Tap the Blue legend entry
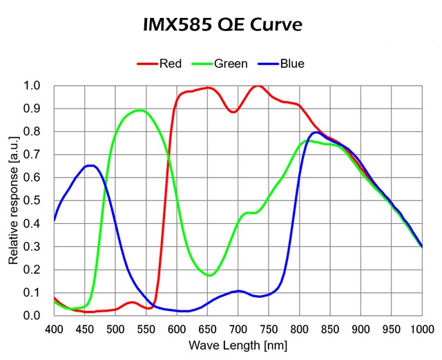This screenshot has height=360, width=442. [292, 64]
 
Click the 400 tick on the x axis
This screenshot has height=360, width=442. [54, 328]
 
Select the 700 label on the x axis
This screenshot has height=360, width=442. [238, 328]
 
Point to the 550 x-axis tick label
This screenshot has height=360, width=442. [146, 328]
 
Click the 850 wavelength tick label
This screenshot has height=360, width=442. [330, 328]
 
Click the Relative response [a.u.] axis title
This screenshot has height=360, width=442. [13, 200]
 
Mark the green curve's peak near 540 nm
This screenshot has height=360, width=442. [140, 110]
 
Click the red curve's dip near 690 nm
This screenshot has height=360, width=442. [233, 111]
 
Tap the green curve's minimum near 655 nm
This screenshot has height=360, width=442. [210, 275]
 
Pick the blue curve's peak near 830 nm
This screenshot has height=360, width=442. [316, 132]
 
